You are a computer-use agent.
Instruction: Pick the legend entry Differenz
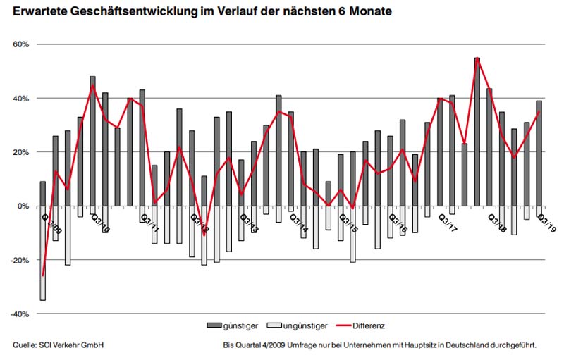coord(366,325)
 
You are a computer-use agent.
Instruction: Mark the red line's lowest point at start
coord(42,275)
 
